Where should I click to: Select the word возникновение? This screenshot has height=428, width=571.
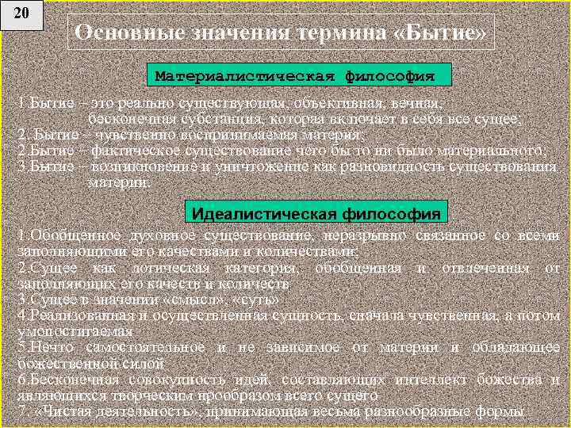coord(139,166)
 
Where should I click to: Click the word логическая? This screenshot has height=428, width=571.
coord(151,268)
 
